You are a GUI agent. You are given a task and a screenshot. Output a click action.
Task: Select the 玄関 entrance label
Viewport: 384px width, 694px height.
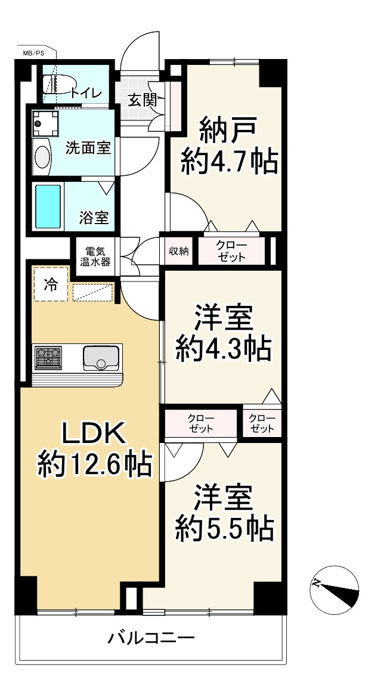(143, 101)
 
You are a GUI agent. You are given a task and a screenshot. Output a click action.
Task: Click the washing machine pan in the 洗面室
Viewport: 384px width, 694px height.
(45, 123)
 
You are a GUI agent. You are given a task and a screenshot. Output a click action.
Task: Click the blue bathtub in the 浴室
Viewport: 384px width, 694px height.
(48, 206)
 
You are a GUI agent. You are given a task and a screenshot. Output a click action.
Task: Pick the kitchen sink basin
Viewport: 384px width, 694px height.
(101, 358)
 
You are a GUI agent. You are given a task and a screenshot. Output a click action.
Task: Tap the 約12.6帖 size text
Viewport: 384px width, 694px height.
(95, 464)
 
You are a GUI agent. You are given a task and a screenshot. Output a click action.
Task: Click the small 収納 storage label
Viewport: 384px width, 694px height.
(179, 251)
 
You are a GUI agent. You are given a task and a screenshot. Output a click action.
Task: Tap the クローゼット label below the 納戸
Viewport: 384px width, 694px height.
(232, 252)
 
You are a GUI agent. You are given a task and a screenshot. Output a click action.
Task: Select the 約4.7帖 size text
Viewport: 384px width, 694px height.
(229, 162)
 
